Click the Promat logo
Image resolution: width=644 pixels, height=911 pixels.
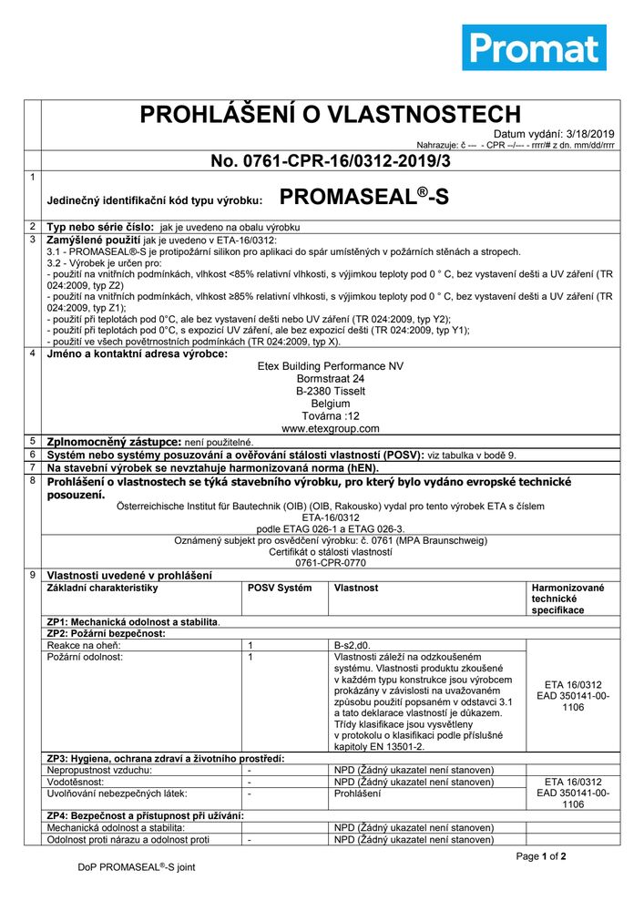pyautogui.click(x=534, y=47)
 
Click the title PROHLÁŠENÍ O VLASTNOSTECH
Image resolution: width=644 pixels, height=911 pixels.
pyautogui.click(x=330, y=114)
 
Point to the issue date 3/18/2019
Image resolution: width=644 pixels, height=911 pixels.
pyautogui.click(x=593, y=133)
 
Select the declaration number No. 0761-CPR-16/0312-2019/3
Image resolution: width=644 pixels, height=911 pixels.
pyautogui.click(x=330, y=161)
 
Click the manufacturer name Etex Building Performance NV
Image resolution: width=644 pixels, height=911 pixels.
pyautogui.click(x=330, y=366)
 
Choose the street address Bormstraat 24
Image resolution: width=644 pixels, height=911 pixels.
pyautogui.click(x=330, y=378)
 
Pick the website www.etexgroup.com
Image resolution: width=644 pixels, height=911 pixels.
pyautogui.click(x=330, y=428)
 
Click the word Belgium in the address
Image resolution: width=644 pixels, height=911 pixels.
pyautogui.click(x=330, y=403)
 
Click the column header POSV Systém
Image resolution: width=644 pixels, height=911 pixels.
pyautogui.click(x=280, y=589)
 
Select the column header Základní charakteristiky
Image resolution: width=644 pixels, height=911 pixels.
pyautogui.click(x=102, y=589)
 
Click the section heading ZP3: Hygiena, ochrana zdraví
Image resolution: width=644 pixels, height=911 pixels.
pyautogui.click(x=166, y=758)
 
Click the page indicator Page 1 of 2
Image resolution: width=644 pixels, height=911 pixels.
pyautogui.click(x=541, y=856)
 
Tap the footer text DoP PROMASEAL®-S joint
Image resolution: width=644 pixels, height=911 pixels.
pyautogui.click(x=137, y=868)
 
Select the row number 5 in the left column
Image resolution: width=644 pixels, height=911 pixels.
pyautogui.click(x=33, y=440)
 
